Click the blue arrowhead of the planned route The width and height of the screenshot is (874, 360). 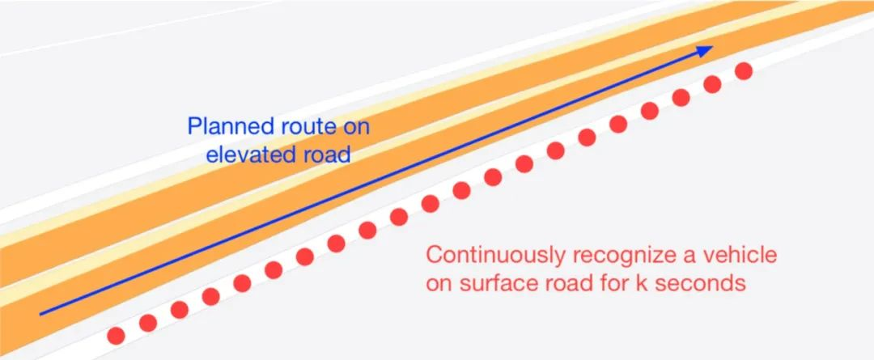tap(706, 50)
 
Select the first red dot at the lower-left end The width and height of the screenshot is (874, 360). tap(117, 333)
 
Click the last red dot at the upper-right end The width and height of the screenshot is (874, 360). tap(744, 71)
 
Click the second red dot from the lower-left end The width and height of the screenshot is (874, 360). tap(148, 321)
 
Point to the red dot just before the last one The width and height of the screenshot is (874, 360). tap(712, 84)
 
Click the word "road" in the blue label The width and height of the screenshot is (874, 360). tap(328, 154)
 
